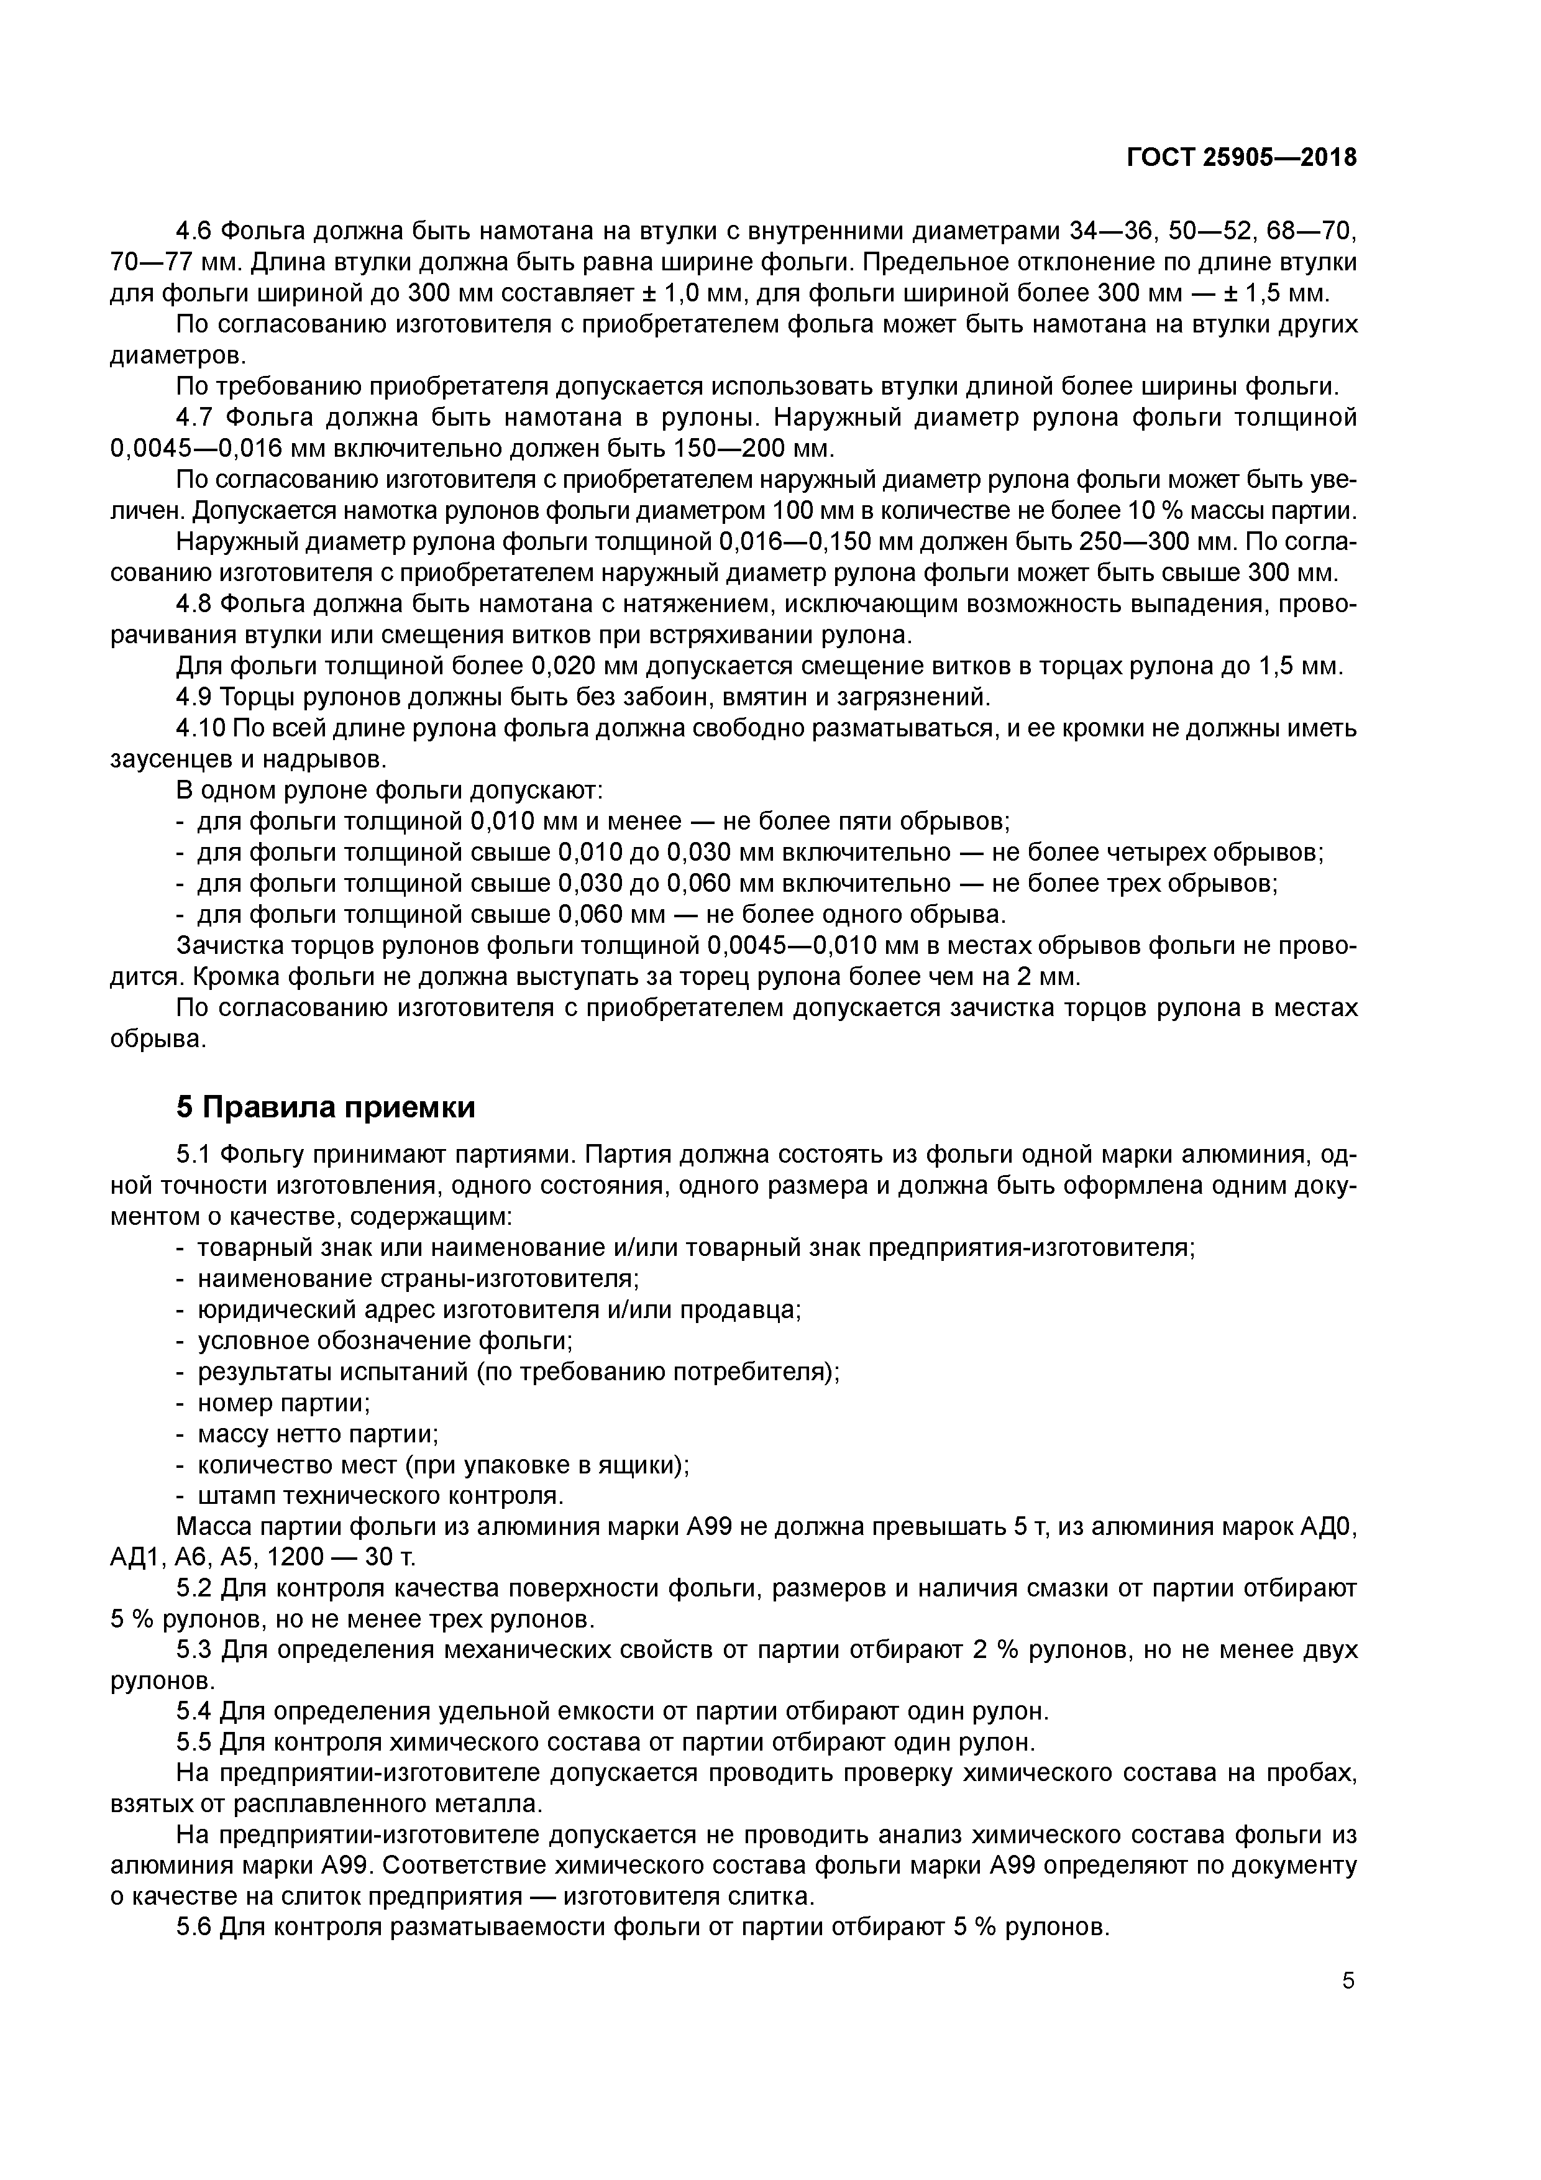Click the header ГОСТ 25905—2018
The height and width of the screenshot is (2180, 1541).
point(1241,158)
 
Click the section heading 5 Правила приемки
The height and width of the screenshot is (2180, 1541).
point(326,1108)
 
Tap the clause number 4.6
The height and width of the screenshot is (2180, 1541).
point(196,231)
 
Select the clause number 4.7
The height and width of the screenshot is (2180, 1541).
point(196,418)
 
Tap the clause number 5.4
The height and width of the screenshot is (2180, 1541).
point(196,1711)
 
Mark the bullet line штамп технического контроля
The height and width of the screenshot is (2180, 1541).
point(380,1495)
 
